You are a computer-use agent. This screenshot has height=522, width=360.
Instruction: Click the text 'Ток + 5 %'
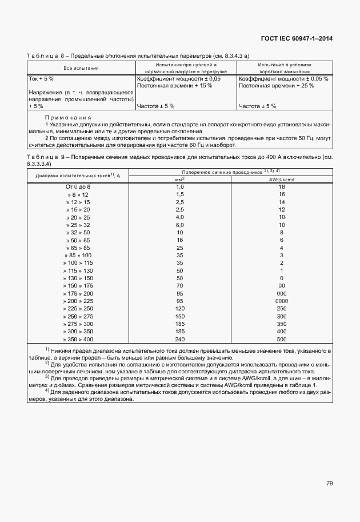(x=41, y=78)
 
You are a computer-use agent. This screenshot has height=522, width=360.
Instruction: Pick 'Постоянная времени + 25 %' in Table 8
(x=276, y=85)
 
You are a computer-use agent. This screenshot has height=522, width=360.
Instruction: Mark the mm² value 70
(x=179, y=285)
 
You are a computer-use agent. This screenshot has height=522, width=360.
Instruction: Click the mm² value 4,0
(x=179, y=217)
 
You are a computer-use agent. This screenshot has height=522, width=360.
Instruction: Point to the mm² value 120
(x=179, y=308)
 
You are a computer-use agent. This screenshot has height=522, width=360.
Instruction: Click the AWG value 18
(x=281, y=187)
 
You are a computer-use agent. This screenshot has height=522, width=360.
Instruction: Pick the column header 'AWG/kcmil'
(x=281, y=179)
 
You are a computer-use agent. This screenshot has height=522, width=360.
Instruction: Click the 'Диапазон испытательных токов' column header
(x=78, y=175)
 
